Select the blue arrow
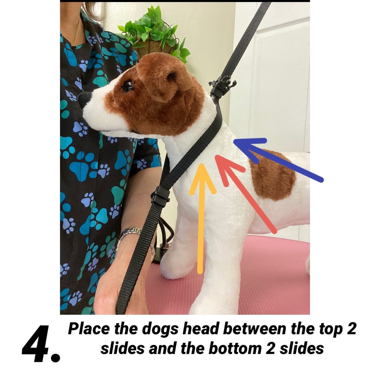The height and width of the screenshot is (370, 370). coord(279,159)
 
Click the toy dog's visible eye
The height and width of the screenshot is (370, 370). coord(128,86)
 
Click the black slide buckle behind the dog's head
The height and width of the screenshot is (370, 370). coord(222,86)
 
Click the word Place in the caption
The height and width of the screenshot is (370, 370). coord(89,329)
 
